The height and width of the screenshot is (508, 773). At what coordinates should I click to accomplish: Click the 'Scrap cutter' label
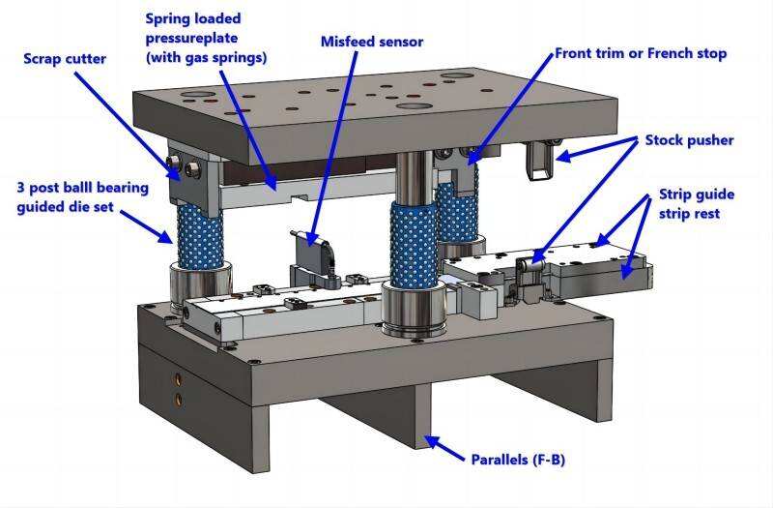click(x=66, y=57)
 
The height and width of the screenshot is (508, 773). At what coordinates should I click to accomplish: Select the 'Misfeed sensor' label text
click(x=371, y=42)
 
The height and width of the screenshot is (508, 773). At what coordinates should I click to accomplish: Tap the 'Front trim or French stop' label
click(x=640, y=52)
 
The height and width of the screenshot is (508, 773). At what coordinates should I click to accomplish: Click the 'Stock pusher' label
click(x=689, y=140)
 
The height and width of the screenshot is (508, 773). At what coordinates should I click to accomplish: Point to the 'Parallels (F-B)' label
click(x=517, y=458)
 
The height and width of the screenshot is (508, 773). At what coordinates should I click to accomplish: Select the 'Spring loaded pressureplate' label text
click(x=206, y=38)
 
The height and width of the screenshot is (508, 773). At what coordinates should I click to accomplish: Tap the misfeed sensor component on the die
click(x=312, y=254)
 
